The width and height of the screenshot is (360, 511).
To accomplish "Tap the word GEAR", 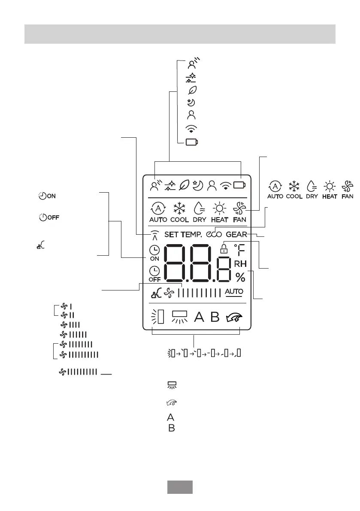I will pyautogui.click(x=236, y=235).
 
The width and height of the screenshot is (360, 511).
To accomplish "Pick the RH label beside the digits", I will pyautogui.click(x=240, y=264).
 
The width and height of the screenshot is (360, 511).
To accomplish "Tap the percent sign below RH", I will pyautogui.click(x=240, y=278).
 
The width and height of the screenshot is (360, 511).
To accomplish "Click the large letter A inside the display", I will pyautogui.click(x=199, y=317).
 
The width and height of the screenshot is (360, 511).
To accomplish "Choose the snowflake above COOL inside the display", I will pyautogui.click(x=179, y=209).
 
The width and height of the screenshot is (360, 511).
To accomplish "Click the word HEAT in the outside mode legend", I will pyautogui.click(x=329, y=196).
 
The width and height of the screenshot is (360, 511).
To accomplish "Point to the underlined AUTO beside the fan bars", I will pyautogui.click(x=234, y=292).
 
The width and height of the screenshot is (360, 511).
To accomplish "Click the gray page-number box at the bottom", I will pyautogui.click(x=179, y=487).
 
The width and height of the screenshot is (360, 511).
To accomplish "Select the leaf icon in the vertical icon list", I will pyautogui.click(x=192, y=90).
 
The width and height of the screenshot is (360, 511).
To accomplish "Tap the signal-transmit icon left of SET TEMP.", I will pyautogui.click(x=155, y=235).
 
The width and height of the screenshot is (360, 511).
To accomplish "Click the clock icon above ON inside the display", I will pyautogui.click(x=154, y=250).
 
